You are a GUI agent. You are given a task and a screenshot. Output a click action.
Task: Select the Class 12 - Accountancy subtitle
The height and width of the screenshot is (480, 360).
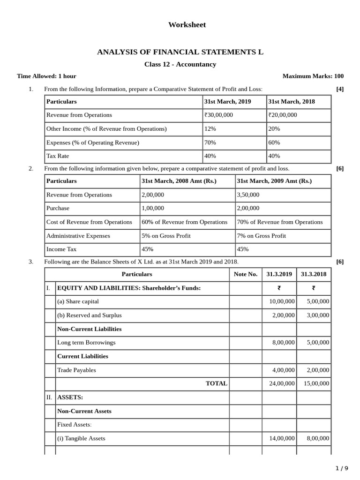coord(180,64)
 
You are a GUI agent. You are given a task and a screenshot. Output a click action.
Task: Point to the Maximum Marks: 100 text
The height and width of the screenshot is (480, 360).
coord(313,76)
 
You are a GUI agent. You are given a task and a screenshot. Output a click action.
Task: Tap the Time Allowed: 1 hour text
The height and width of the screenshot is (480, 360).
coord(46,76)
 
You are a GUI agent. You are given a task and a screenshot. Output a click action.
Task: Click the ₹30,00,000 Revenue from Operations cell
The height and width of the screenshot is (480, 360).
coord(218,115)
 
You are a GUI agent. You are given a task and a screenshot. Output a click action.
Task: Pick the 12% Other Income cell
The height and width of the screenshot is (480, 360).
coord(210,128)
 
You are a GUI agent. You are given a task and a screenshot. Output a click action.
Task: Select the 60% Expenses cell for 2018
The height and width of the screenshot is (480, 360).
coord(274,142)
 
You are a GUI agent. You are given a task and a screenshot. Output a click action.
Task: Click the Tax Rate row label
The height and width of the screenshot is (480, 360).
coord(58,156)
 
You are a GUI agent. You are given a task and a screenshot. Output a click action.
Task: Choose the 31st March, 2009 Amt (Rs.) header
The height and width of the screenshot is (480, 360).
coord(274,181)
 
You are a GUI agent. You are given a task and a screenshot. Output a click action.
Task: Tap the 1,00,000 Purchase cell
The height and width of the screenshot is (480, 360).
coord(153,208)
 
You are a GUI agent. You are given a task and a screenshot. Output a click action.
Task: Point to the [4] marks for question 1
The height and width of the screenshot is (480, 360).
coord(340,89)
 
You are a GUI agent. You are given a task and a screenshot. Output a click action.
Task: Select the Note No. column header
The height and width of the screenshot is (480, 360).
coord(246,274)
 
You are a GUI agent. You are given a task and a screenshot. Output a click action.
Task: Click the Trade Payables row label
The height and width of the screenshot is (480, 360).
coord(76,370)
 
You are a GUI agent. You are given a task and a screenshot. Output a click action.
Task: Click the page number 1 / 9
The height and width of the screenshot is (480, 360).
coord(343,468)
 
